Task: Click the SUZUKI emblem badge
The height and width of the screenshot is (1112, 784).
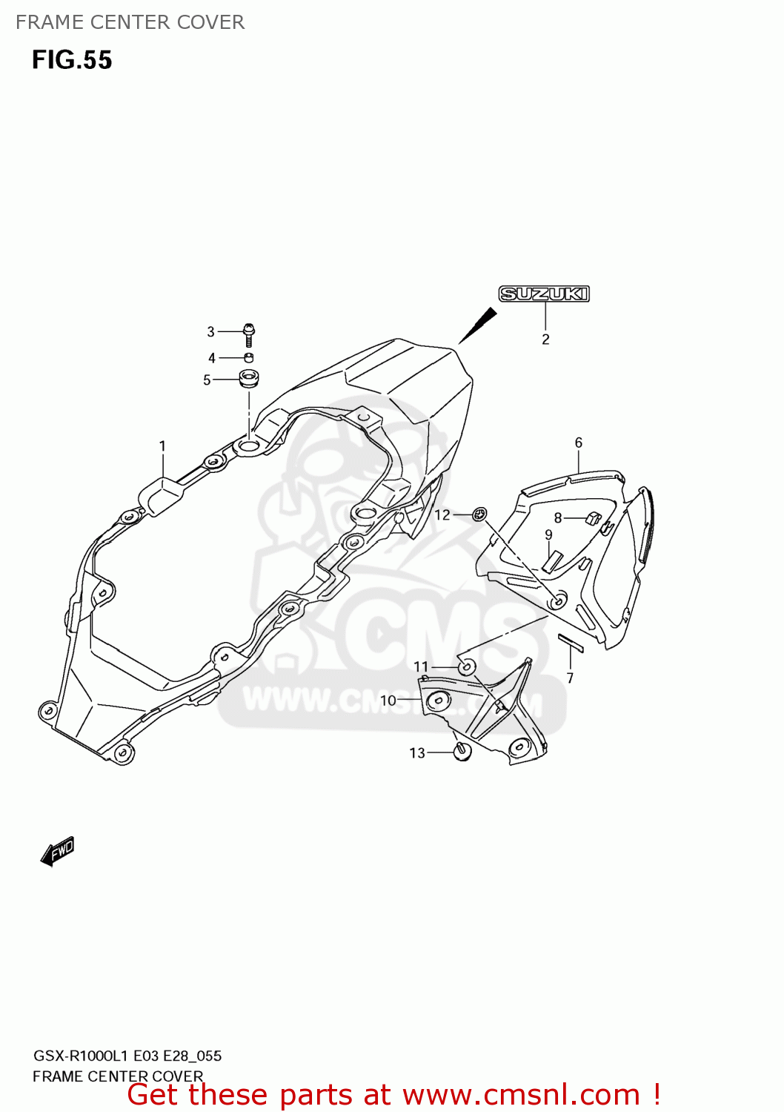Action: (x=544, y=294)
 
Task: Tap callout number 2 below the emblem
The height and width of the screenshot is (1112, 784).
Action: (x=545, y=340)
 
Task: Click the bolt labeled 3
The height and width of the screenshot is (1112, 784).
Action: (x=249, y=334)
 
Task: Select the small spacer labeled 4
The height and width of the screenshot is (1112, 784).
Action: (x=249, y=358)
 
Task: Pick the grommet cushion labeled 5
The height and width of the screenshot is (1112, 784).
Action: (x=248, y=379)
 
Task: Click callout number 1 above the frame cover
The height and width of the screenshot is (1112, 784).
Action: (x=162, y=446)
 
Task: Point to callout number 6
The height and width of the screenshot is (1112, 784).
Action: (x=579, y=443)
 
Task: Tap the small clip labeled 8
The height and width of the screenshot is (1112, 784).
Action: (x=593, y=517)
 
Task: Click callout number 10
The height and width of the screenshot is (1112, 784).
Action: (x=388, y=701)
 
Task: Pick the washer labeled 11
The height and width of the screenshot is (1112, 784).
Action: (x=466, y=666)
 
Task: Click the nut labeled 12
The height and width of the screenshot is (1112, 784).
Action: (x=480, y=513)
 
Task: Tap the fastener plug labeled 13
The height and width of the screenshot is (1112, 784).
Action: (x=462, y=752)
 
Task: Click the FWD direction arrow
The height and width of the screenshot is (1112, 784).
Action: (x=58, y=852)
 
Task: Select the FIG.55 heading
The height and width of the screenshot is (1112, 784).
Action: (x=72, y=60)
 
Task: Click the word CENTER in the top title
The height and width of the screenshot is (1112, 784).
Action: (x=130, y=22)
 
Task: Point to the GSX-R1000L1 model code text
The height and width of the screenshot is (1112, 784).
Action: (x=81, y=1056)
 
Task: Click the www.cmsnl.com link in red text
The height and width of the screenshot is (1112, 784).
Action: (x=521, y=1095)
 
